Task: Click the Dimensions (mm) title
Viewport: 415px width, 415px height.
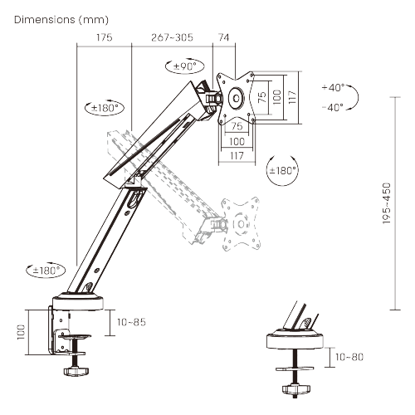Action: [x=61, y=20]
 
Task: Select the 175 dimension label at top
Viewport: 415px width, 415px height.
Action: [x=105, y=37]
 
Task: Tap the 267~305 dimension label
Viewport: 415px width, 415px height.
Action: [x=172, y=37]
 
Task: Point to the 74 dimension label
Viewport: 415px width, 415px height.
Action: [x=224, y=37]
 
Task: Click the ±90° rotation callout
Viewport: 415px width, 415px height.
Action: [x=184, y=66]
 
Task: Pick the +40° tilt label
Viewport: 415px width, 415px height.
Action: [x=334, y=88]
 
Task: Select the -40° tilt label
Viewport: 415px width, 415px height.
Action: [x=333, y=107]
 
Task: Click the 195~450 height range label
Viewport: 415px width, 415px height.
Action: [x=387, y=203]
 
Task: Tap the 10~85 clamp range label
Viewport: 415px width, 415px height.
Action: [x=131, y=322]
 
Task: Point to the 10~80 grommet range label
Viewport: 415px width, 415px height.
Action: [x=349, y=357]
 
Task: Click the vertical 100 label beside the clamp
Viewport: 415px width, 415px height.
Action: [x=21, y=332]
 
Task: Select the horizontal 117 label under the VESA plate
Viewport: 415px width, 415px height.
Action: [x=237, y=156]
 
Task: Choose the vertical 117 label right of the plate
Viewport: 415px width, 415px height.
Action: [x=292, y=97]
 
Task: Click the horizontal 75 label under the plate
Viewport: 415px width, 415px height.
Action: [x=237, y=126]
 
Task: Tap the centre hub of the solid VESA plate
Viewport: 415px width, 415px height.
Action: [x=237, y=98]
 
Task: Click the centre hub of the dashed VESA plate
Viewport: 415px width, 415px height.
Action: [x=241, y=224]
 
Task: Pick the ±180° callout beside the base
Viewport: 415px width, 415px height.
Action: [x=46, y=270]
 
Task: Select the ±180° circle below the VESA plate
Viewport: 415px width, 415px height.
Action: [x=282, y=170]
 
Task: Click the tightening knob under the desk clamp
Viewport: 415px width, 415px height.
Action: [x=76, y=371]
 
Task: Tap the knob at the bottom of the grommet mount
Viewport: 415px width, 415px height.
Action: [x=295, y=389]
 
